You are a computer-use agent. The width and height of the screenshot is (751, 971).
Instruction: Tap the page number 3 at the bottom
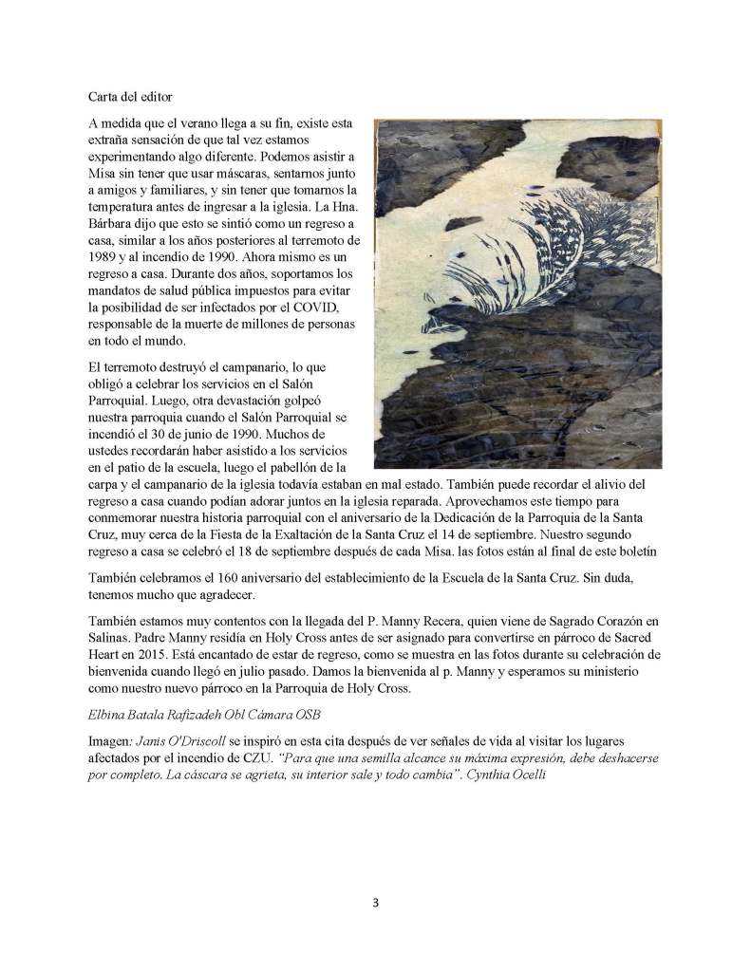coord(375,903)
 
